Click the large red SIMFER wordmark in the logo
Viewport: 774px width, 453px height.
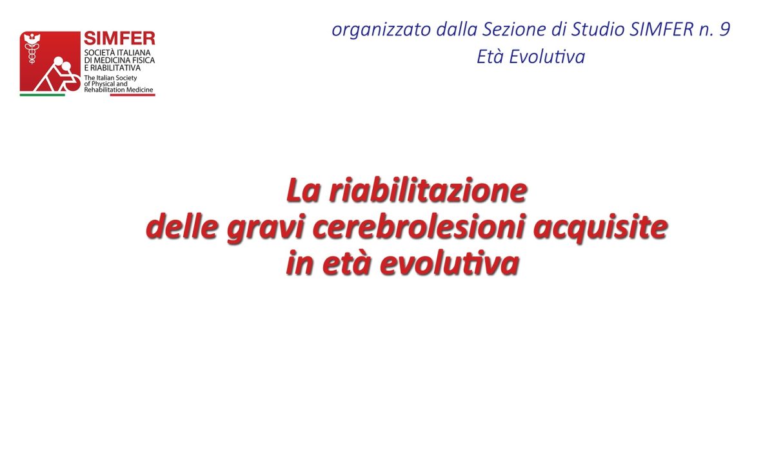point(119,38)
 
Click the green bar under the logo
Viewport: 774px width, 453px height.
point(42,95)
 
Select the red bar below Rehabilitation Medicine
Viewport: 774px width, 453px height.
point(133,95)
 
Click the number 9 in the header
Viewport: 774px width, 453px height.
point(724,29)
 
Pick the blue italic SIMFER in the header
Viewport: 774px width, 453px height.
point(661,29)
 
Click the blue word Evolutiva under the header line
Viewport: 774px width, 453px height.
point(547,57)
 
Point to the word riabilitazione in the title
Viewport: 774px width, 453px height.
point(428,190)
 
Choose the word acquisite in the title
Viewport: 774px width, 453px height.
point(600,227)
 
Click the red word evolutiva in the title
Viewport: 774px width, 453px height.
point(450,263)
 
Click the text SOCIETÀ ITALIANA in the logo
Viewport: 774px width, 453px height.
point(117,53)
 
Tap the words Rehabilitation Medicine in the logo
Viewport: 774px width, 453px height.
point(119,90)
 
